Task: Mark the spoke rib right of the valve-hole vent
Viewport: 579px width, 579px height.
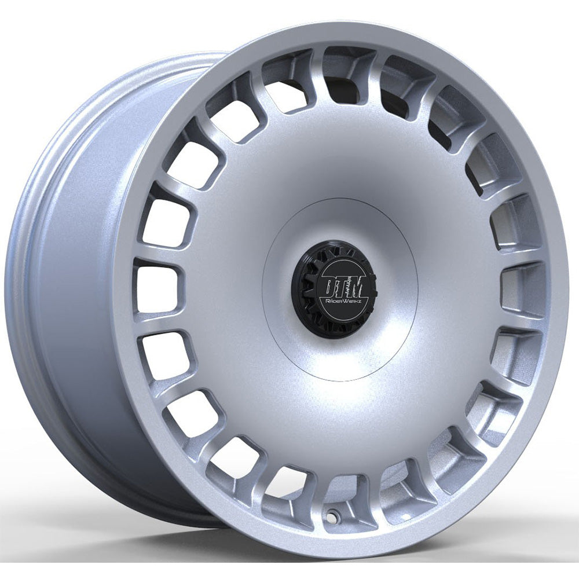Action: pos(371,489)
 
